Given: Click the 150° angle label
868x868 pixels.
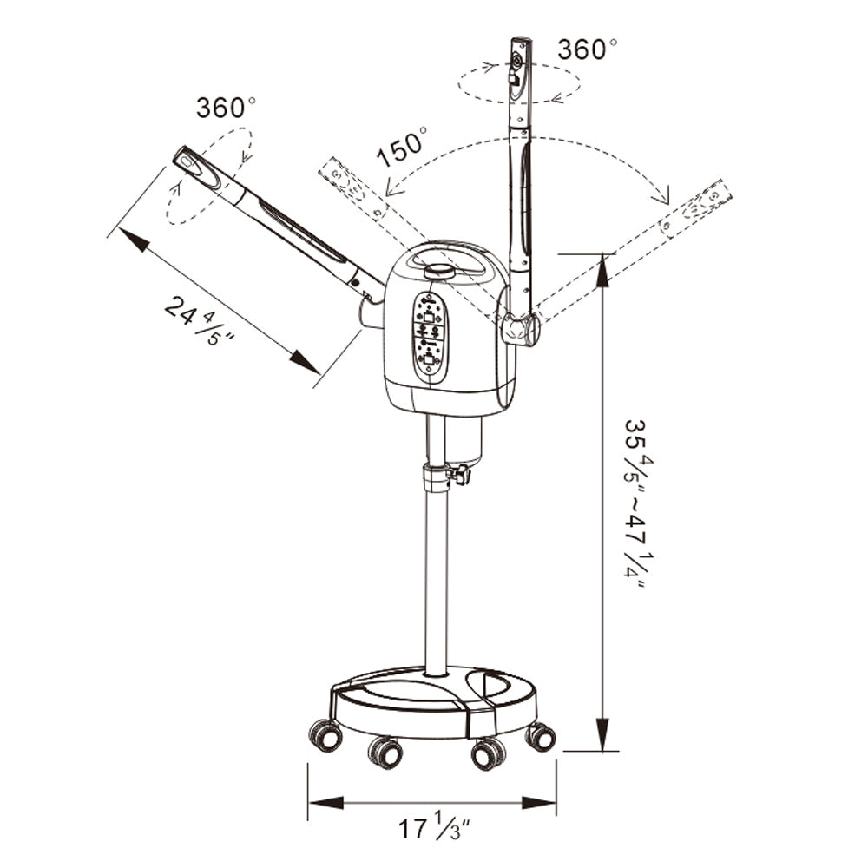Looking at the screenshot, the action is coord(401,146).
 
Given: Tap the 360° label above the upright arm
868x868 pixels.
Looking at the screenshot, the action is coord(587,49).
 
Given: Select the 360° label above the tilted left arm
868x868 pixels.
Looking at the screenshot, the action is coord(226,108).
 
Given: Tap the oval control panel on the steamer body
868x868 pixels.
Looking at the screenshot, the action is coord(431,337).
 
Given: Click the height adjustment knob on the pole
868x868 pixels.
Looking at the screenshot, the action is coord(459,475).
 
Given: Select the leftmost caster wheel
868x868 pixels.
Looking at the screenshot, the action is coord(325,736).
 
